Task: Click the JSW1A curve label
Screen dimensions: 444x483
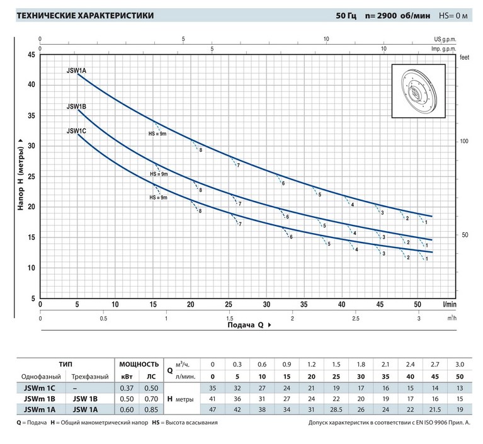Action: tap(76, 70)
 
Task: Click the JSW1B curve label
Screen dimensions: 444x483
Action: tap(76, 107)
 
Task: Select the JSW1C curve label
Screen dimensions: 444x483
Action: tap(76, 131)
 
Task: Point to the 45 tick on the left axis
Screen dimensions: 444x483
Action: tap(31, 54)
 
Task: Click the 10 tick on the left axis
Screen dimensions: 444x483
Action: tap(31, 268)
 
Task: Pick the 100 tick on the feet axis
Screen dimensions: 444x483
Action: tap(465, 141)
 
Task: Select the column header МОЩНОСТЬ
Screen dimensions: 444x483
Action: tap(138, 364)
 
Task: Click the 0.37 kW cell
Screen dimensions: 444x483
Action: tap(125, 387)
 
